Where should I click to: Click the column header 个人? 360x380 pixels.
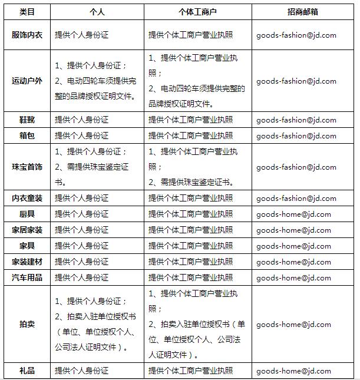[97, 11]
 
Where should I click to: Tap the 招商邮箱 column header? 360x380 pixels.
[303, 11]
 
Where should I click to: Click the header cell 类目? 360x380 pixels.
[27, 11]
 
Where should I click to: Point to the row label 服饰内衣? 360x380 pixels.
[27, 35]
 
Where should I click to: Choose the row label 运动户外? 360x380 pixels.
[27, 80]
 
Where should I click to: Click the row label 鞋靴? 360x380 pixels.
[27, 120]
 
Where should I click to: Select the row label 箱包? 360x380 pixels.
[27, 136]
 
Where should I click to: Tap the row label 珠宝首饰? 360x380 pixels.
[27, 167]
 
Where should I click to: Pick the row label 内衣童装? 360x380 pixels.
[27, 198]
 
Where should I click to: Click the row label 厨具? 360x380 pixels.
[27, 214]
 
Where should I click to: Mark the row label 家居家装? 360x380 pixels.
[27, 230]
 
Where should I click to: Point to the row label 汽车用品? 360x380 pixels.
[27, 277]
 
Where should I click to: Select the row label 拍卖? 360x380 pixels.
[27, 324]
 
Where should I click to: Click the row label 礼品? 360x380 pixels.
[27, 371]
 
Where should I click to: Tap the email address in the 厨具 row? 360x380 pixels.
[293, 214]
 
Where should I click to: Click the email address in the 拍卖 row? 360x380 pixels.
[293, 324]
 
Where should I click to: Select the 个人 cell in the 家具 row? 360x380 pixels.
[82, 246]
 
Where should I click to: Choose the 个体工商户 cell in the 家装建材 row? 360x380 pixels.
[190, 261]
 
